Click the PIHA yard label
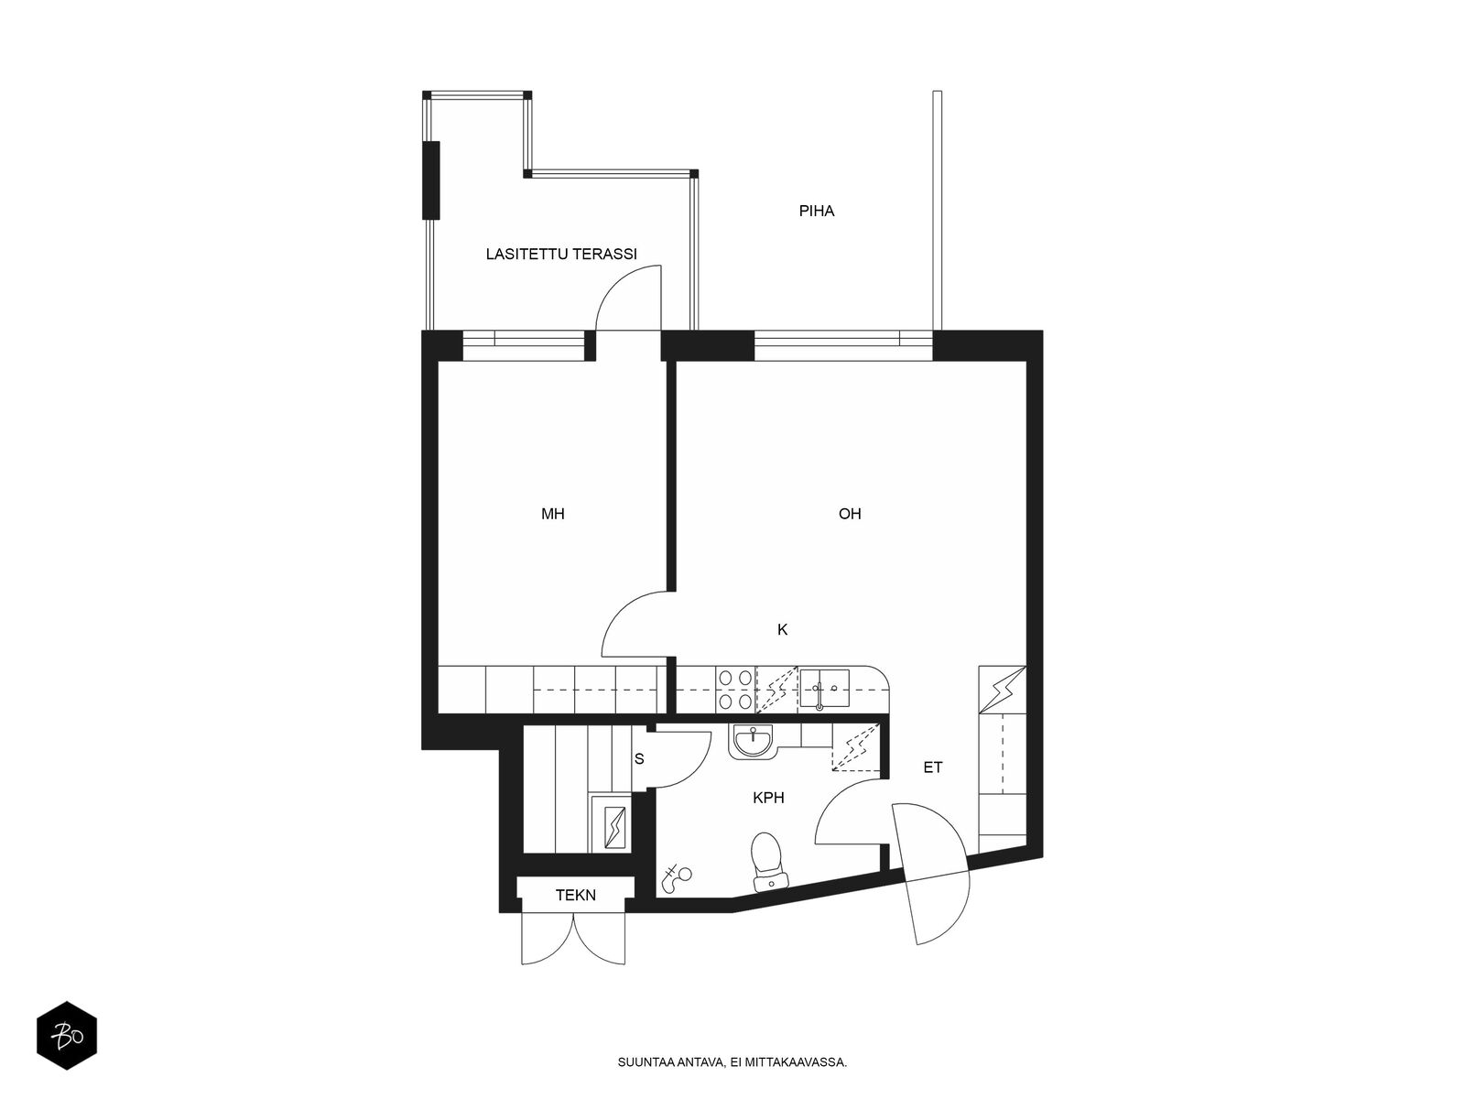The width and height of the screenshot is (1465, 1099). click(816, 211)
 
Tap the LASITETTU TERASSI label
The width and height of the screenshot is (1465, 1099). click(561, 254)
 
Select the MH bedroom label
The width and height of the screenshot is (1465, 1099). click(553, 514)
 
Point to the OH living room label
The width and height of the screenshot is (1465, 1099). click(850, 514)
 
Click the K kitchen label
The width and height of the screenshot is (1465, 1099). click(782, 629)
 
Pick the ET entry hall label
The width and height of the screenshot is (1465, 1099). click(932, 767)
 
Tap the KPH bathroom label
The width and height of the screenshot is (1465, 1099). click(768, 798)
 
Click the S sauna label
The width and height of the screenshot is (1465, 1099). click(639, 758)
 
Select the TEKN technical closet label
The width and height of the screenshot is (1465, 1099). click(575, 895)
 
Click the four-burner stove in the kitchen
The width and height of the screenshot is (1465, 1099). click(735, 690)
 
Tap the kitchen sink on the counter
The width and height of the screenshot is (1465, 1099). click(824, 689)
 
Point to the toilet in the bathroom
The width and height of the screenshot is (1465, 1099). click(769, 862)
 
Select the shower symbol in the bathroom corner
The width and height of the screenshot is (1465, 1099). click(676, 878)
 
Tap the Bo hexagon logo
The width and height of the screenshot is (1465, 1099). click(67, 1036)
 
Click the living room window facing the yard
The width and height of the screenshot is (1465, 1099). click(843, 345)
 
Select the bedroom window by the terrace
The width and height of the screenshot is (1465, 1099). click(523, 345)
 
